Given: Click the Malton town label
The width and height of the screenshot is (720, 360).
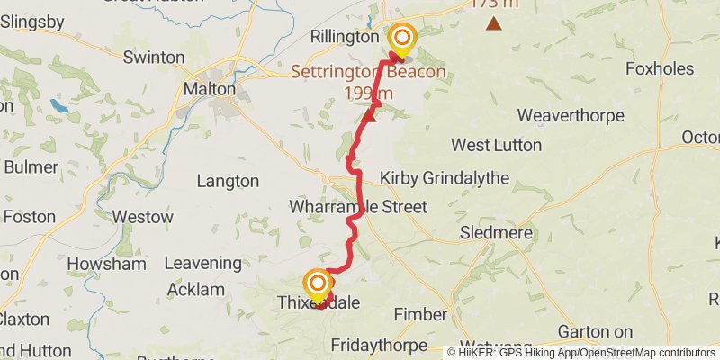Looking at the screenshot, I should [x=209, y=89].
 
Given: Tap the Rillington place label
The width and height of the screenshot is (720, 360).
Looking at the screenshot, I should [x=345, y=37].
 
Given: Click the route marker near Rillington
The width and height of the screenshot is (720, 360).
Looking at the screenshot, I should [x=401, y=38].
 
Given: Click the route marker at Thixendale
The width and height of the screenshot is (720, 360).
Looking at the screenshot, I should [x=318, y=284].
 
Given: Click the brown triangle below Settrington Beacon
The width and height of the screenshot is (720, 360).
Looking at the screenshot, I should [x=368, y=116].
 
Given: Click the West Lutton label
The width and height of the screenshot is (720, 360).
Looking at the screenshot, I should [x=496, y=145].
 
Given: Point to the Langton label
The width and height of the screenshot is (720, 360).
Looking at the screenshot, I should [x=227, y=181].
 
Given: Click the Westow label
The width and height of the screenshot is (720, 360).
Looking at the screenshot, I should [x=141, y=217].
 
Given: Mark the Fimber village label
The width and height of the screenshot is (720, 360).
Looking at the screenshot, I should [x=420, y=314].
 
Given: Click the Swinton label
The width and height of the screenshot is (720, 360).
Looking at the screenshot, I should [x=154, y=58].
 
